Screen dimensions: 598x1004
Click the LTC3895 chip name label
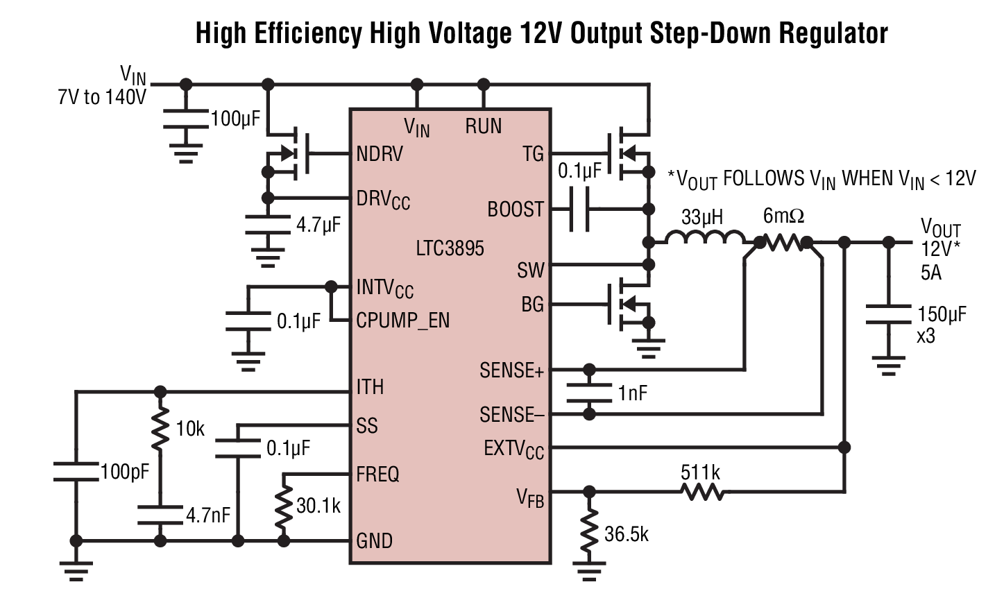tap(450, 248)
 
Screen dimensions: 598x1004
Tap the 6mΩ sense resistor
tap(783, 243)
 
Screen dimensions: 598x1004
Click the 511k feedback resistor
tap(702, 493)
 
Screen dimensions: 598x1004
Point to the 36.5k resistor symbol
tap(589, 531)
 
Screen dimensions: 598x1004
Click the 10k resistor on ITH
tap(160, 429)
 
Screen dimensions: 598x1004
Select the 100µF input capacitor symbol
tap(185, 119)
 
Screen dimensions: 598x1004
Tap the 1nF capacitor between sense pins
tap(589, 392)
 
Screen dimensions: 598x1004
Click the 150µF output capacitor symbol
tap(888, 314)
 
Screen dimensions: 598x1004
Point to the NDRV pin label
tap(380, 153)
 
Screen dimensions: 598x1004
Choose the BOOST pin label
tap(515, 209)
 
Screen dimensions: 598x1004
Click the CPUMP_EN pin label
tap(402, 321)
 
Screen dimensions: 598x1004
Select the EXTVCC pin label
tap(513, 449)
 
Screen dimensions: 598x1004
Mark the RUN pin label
tap(483, 126)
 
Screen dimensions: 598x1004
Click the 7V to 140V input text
tap(102, 97)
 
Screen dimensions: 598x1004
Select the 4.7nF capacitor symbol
tap(160, 514)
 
